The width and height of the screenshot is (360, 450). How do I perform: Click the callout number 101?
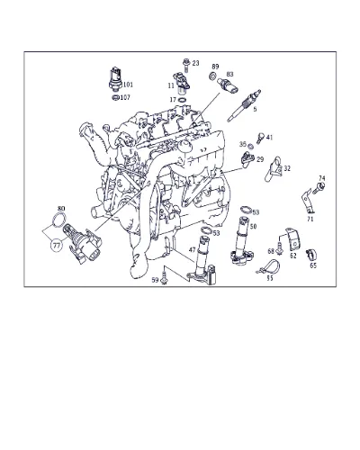click(x=128, y=85)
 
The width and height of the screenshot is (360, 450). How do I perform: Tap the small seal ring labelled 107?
click(x=115, y=97)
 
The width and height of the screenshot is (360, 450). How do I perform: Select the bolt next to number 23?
click(x=185, y=65)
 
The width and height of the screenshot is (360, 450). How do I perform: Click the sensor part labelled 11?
click(x=182, y=83)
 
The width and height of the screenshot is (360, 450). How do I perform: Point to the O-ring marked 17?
click(x=182, y=100)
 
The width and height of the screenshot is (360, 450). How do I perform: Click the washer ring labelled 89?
click(x=212, y=76)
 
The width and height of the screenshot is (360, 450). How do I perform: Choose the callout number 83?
click(x=229, y=74)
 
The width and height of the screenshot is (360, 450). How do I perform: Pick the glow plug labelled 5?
click(x=244, y=105)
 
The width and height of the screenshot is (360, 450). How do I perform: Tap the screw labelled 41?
click(x=260, y=138)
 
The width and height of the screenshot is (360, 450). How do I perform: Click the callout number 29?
click(x=260, y=159)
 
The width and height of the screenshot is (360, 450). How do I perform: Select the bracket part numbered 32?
click(x=274, y=168)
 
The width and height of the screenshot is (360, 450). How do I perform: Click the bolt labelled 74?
click(x=319, y=188)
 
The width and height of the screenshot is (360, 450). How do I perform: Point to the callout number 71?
click(x=310, y=220)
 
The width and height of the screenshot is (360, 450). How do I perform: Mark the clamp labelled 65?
click(x=310, y=255)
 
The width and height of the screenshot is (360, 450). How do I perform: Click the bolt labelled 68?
click(x=280, y=249)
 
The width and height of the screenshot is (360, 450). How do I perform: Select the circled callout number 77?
click(x=57, y=246)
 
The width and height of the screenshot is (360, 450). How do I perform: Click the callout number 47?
click(x=193, y=249)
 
